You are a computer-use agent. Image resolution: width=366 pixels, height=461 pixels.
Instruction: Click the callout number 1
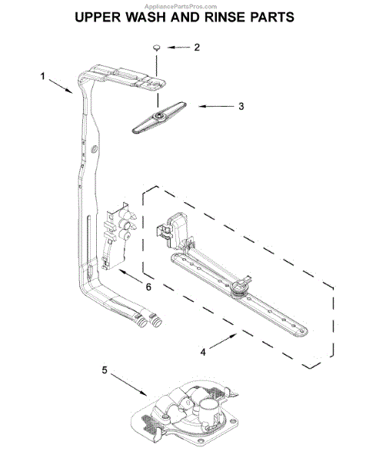click(44, 75)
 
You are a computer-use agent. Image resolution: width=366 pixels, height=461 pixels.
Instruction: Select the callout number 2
click(196, 48)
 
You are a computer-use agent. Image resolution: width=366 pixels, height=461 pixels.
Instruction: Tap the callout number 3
click(241, 106)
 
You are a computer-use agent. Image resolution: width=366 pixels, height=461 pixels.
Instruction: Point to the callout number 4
click(202, 353)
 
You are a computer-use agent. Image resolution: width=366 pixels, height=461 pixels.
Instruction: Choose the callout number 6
click(148, 287)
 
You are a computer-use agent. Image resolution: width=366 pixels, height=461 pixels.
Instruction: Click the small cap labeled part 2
click(155, 48)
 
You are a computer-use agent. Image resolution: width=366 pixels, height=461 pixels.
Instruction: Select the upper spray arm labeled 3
click(162, 116)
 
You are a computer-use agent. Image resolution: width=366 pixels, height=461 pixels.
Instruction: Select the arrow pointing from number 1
click(61, 85)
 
